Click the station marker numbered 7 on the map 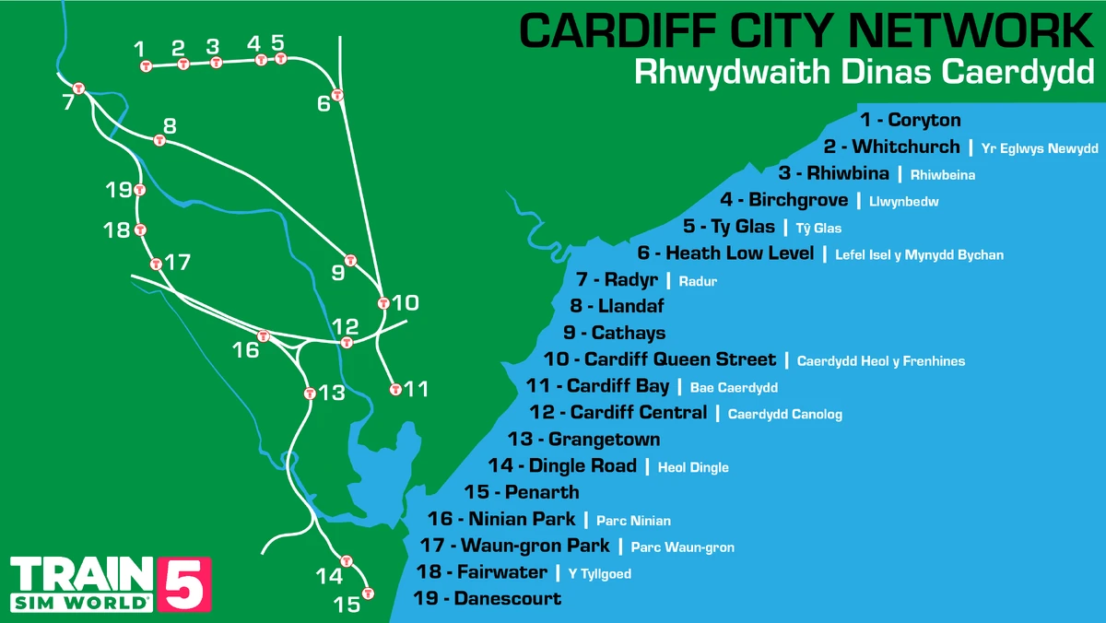pyautogui.click(x=79, y=88)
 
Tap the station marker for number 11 pyautogui.click(x=395, y=389)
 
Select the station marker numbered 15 pyautogui.click(x=368, y=594)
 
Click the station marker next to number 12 pyautogui.click(x=347, y=342)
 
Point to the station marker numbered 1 pyautogui.click(x=146, y=65)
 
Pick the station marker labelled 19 pyautogui.click(x=139, y=190)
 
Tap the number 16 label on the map pyautogui.click(x=246, y=350)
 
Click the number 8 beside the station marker pyautogui.click(x=170, y=126)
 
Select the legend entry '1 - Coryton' pyautogui.click(x=910, y=120)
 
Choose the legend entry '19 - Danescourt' pyautogui.click(x=488, y=598)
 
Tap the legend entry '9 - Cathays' pyautogui.click(x=614, y=333)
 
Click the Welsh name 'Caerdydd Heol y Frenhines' pyautogui.click(x=880, y=361)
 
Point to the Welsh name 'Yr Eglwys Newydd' pyautogui.click(x=1040, y=148)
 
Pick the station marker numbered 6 pyautogui.click(x=338, y=96)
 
